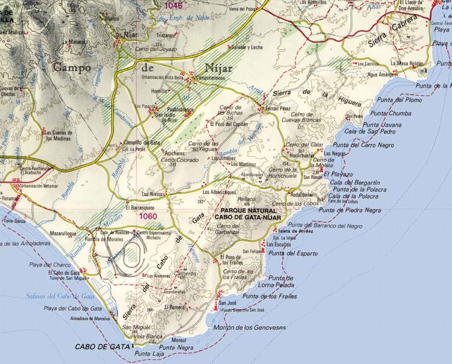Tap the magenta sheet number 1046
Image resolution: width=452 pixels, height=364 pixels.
(x=174, y=6)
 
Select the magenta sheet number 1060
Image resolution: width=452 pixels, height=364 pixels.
(x=149, y=216)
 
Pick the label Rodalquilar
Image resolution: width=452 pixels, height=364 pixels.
(x=302, y=195)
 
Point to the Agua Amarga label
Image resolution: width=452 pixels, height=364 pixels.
(x=380, y=74)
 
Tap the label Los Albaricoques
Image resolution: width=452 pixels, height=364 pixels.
(x=219, y=192)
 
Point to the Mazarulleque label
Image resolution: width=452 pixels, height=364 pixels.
(x=63, y=234)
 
